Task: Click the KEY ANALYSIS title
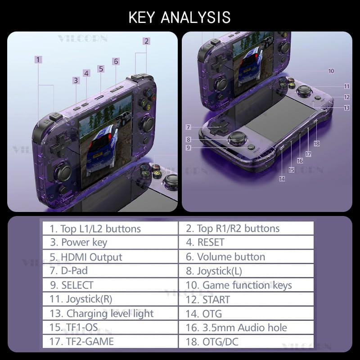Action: point(180,18)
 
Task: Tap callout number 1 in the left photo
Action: point(39,59)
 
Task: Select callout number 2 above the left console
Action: point(146,41)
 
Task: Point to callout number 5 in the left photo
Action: point(101,69)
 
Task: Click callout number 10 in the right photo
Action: point(331,71)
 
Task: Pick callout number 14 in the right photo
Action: point(282,179)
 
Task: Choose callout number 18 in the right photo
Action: point(317,144)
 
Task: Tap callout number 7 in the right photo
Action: point(189,127)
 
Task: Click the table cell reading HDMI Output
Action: point(110,257)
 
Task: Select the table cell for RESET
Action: point(246,243)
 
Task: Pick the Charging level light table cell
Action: point(110,313)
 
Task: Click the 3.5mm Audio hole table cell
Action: point(246,328)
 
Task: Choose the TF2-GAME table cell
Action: point(110,342)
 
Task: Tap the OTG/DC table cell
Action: point(246,342)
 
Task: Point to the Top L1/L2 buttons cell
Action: point(110,229)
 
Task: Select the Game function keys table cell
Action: point(246,285)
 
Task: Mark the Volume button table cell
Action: point(246,257)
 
